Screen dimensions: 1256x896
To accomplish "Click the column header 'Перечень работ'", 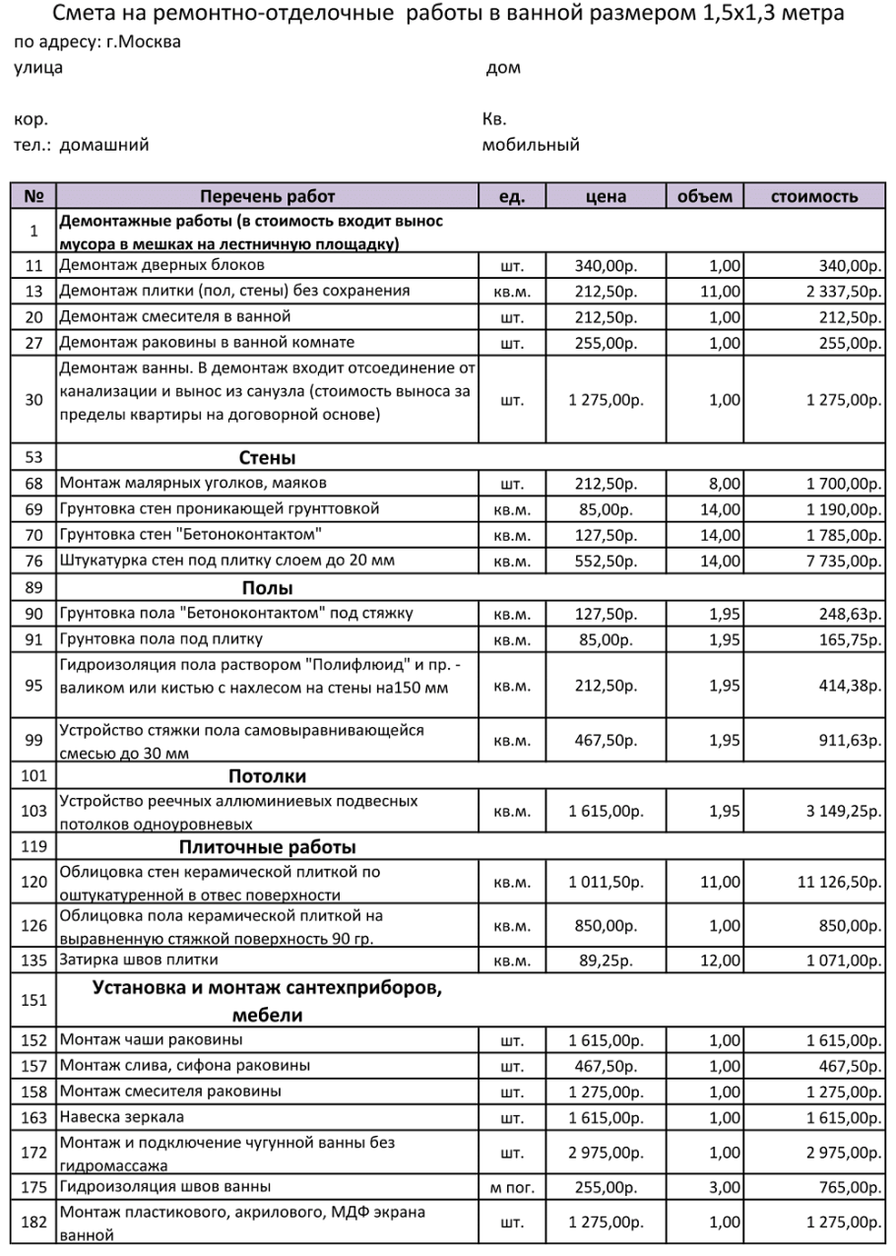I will pos(267,196).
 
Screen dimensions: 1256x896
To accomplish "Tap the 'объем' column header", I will pos(705,196).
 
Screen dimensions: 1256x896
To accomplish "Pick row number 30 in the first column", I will pos(33,400).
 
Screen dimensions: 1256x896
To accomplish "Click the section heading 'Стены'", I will pos(267,457).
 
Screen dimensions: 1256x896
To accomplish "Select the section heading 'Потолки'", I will pos(267,776).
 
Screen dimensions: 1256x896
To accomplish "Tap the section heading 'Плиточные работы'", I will pos(267,847).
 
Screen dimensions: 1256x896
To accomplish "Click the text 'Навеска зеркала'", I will pos(122,1117).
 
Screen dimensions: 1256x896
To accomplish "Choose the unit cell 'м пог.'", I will pos(512,1188).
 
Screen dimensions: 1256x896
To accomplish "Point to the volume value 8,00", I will pos(725,484).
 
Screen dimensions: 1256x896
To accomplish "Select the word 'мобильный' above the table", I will pos(531,145).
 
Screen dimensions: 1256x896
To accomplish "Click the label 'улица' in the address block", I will pos(38,68).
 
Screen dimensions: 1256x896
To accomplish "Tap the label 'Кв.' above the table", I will pos(494,120).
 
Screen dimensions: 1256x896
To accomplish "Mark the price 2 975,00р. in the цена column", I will pos(606,1154).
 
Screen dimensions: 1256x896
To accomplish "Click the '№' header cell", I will pos(33,196).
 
